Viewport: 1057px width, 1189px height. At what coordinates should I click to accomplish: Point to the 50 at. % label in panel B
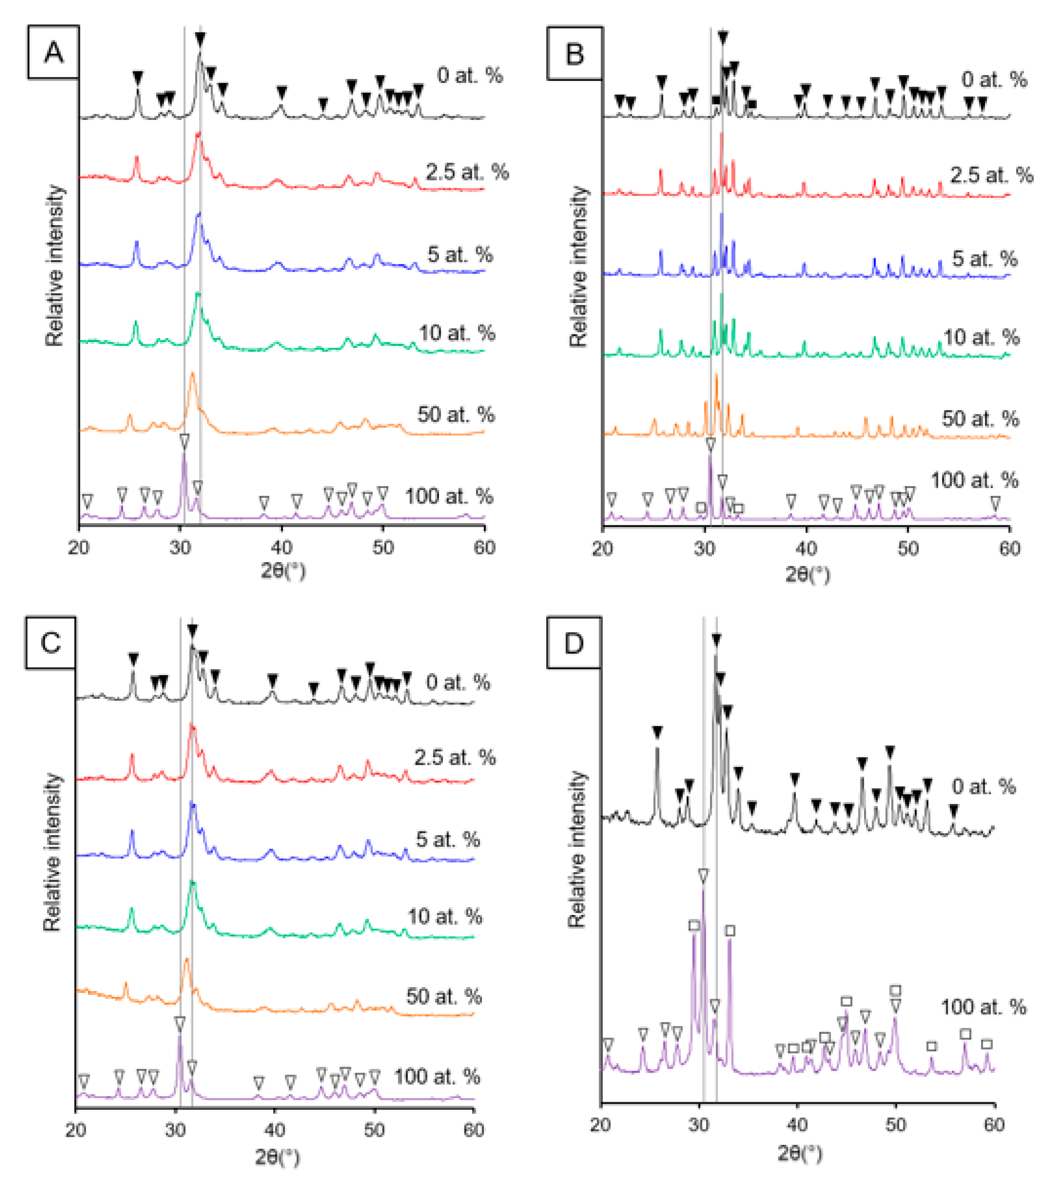coord(980,419)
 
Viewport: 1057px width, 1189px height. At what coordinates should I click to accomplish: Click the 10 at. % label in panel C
coord(445,917)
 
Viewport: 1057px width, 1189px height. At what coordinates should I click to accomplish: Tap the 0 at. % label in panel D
coord(984,787)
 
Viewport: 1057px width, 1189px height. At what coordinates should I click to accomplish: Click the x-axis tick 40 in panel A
coord(282,547)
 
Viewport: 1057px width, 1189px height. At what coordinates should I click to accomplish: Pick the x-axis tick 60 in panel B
coord(1009,548)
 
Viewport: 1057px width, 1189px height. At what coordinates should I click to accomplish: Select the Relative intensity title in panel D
coord(576,849)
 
